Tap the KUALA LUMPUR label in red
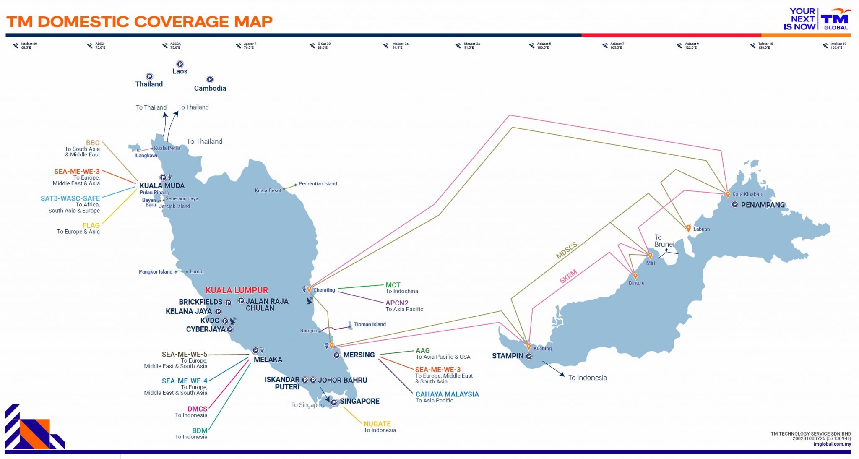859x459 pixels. coord(237,290)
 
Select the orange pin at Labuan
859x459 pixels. coord(688,228)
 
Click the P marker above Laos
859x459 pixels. coord(180,64)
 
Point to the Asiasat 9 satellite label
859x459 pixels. coord(691,45)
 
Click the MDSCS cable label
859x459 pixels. coord(567,250)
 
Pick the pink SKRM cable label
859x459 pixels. coord(568,276)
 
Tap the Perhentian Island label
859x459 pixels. coord(318,184)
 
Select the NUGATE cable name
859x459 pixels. coord(377,424)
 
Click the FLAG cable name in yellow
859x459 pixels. coord(91,225)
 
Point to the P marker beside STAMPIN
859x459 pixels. coord(529,356)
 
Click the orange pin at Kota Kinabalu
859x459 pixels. coord(728,194)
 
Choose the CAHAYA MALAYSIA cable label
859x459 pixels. coord(447,394)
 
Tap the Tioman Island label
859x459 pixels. coord(370,324)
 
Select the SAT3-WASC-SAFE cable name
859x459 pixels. coord(70,198)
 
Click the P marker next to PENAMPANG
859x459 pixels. coord(735,205)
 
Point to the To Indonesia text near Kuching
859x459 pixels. coord(587,378)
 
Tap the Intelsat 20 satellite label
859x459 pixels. coord(29,45)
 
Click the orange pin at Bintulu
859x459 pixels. coord(635,276)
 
